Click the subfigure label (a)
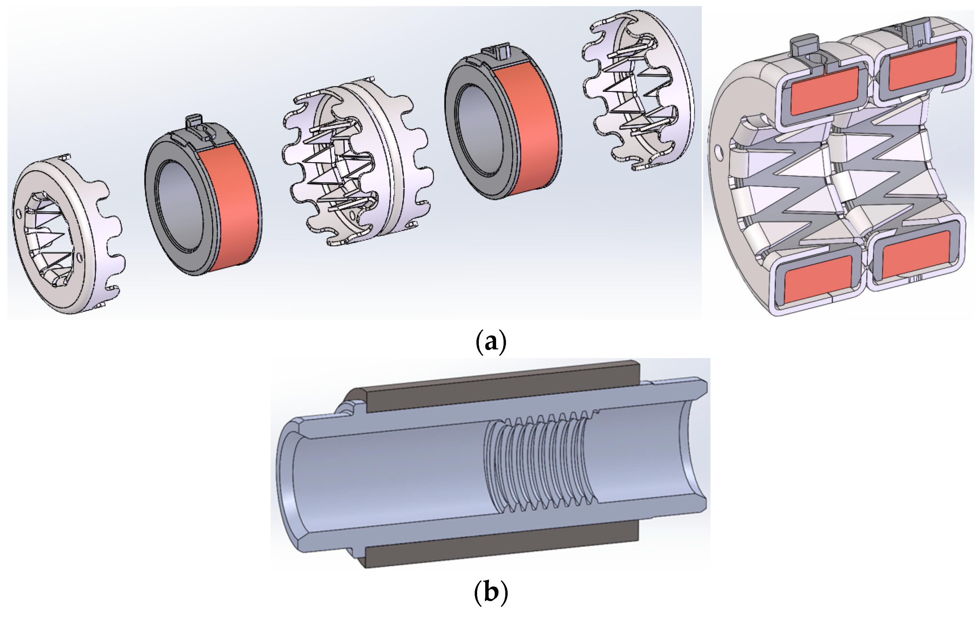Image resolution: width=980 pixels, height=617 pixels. click(x=491, y=342)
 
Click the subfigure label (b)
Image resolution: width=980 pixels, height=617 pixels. click(x=491, y=592)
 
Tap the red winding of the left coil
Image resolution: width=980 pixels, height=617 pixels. click(x=230, y=204)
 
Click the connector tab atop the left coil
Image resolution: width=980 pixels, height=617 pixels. click(x=193, y=122)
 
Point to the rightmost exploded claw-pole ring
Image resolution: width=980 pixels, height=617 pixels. click(x=667, y=81)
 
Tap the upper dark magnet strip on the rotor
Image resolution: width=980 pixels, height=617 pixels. click(x=501, y=386)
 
